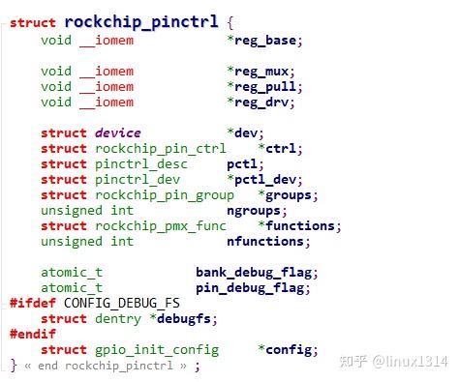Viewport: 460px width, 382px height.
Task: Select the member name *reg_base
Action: pyautogui.click(x=264, y=41)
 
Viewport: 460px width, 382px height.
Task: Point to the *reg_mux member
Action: pyautogui.click(x=261, y=72)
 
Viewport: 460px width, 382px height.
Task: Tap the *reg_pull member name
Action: pyautogui.click(x=264, y=87)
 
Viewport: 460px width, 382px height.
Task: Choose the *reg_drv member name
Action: pyautogui.click(x=261, y=103)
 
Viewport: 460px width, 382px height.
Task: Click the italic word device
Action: pyautogui.click(x=117, y=133)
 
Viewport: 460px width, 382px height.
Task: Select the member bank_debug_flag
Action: pyautogui.click(x=257, y=273)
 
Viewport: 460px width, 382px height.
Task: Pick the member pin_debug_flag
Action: pyautogui.click(x=253, y=288)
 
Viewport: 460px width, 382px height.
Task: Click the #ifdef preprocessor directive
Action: pyautogui.click(x=32, y=304)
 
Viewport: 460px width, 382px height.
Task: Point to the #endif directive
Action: pyautogui.click(x=32, y=335)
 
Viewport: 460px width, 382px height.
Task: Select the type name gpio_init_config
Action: pyautogui.click(x=156, y=350)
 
